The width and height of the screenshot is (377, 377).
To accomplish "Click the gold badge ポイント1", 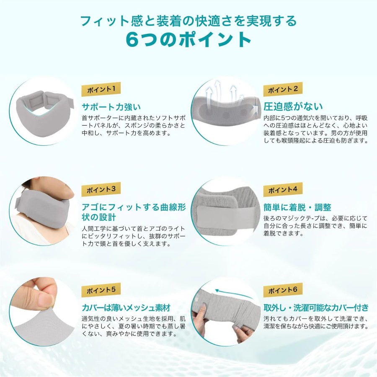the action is click(101, 89).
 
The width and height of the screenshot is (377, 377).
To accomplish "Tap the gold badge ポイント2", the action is click(283, 89).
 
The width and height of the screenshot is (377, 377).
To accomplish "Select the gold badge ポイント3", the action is click(101, 189).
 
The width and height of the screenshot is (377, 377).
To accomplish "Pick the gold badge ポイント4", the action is click(283, 189).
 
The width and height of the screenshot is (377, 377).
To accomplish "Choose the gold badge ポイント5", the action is click(101, 290).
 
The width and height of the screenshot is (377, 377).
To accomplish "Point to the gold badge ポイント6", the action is click(283, 290).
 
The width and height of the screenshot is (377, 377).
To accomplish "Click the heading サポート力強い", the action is click(111, 107).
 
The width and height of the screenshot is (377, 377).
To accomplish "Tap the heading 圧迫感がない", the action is click(293, 106).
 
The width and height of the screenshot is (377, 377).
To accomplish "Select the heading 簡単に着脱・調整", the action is click(297, 207).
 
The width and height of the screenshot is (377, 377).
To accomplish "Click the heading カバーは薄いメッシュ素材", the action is click(126, 307).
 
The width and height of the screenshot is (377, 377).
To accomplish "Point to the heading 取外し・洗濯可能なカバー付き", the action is click(316, 307).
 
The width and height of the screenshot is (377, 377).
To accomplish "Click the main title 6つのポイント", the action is click(188, 39).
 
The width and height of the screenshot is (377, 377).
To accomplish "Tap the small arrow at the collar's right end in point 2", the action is click(256, 108).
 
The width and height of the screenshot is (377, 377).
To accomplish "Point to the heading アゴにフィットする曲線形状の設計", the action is click(134, 212).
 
